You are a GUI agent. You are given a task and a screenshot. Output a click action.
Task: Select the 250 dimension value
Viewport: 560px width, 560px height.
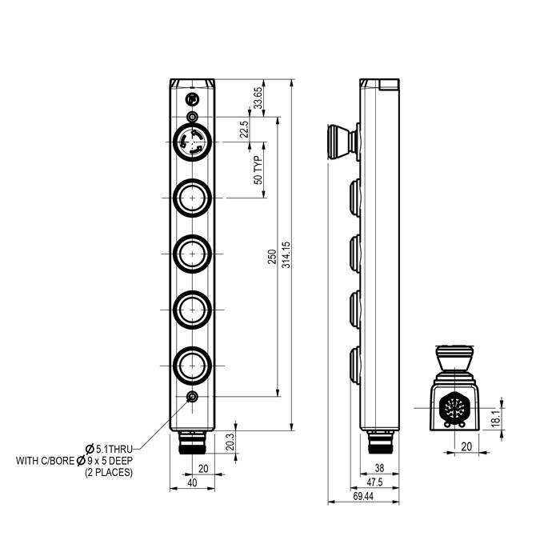272,256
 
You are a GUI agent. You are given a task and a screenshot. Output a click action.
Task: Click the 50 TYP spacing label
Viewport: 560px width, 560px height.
258,170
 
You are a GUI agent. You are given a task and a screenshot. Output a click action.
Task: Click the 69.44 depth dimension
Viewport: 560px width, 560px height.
362,497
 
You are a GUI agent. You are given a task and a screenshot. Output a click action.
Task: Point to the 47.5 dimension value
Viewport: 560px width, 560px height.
374,482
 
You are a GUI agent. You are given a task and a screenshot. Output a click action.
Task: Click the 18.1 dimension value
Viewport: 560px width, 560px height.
495,416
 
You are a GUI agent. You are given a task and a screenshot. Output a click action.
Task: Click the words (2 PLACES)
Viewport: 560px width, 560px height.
109,473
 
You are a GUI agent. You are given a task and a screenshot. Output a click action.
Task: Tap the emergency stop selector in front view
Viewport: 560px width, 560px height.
192,145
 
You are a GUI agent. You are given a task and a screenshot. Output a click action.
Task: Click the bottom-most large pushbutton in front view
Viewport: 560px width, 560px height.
192,366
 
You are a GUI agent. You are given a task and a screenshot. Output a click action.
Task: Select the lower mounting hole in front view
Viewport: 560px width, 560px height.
192,398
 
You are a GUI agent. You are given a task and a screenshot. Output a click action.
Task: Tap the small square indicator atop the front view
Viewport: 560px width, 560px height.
192,99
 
